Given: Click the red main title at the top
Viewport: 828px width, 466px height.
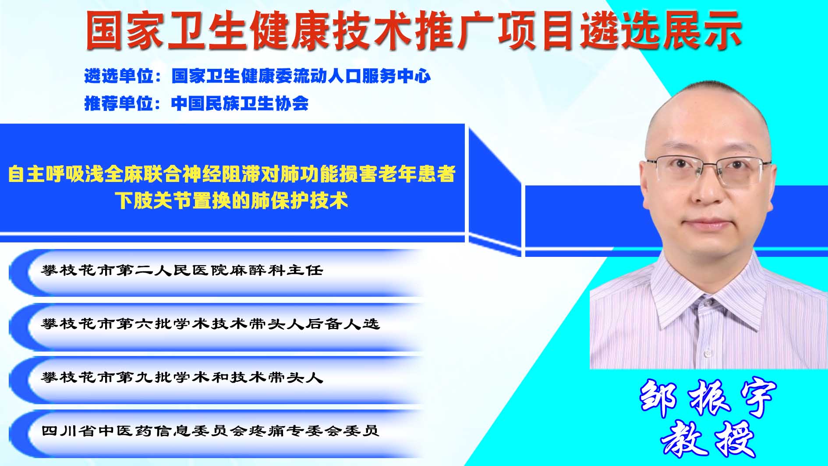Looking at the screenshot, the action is [414, 30].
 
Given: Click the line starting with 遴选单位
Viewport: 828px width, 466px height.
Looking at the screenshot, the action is [257, 76].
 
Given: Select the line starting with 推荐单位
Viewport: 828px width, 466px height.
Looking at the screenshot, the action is [196, 103].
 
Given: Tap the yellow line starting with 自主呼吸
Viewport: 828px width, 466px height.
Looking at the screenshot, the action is [232, 174].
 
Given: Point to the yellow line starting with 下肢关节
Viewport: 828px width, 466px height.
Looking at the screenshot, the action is [232, 200].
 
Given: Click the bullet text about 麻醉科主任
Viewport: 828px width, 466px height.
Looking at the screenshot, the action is [182, 270].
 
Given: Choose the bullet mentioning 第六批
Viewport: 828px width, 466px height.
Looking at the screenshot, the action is [210, 324].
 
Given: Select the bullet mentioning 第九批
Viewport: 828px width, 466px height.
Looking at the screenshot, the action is [182, 377].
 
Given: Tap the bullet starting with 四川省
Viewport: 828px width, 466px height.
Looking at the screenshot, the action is [210, 431].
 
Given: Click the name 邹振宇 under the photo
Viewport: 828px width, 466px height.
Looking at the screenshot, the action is [708, 398].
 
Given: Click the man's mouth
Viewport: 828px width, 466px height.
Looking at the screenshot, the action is [706, 224].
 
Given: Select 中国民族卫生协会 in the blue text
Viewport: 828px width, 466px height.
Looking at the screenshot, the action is [240, 103].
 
